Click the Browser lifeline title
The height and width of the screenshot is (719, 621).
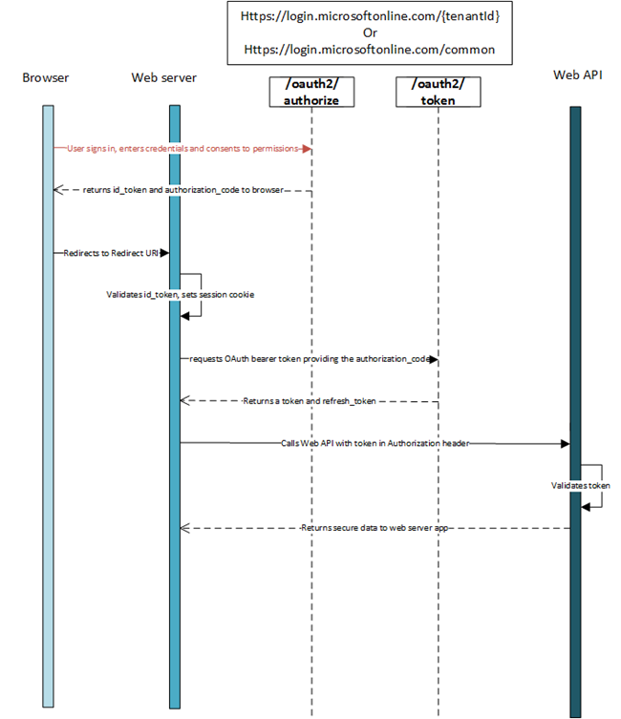coord(46,77)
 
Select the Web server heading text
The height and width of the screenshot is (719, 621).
coord(163,77)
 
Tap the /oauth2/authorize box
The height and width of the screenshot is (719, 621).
coord(312,92)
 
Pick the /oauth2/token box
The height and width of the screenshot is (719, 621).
coord(438,92)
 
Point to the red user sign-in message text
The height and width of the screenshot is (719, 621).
coord(184,149)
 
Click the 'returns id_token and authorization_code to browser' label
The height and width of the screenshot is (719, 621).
coord(181,190)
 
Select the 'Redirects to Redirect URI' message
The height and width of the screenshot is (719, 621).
coord(112,253)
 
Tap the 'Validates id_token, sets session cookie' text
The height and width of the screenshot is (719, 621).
coord(180,295)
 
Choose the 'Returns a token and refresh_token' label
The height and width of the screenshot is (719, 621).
coord(309,401)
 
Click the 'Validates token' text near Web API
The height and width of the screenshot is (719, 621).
coord(580,486)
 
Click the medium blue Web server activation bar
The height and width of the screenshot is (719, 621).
coord(175,573)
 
